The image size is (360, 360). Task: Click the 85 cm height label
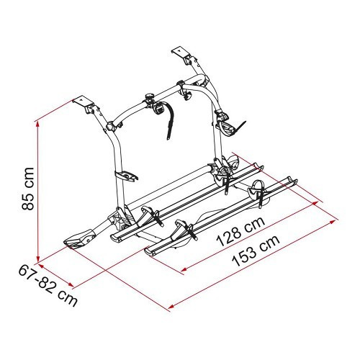[28, 189]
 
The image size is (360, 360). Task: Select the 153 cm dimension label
[256, 251]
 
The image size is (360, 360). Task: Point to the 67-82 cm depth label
[48, 285]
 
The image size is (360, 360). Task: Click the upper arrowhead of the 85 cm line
[37, 124]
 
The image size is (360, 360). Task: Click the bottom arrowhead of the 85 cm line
[37, 260]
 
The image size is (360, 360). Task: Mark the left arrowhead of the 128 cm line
[184, 269]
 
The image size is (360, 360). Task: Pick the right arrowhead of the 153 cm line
[333, 221]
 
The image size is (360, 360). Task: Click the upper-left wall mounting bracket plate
[83, 102]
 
